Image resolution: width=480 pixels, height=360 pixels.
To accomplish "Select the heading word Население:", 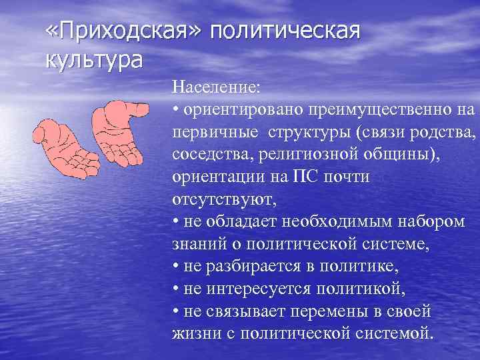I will click(x=217, y=87).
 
